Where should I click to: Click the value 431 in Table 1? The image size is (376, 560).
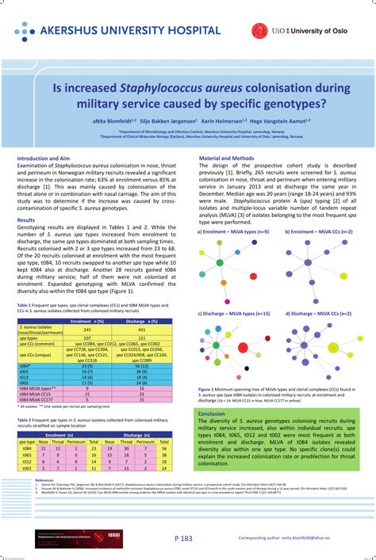[x=142, y=329]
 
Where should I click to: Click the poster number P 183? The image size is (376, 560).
[x=183, y=539]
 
